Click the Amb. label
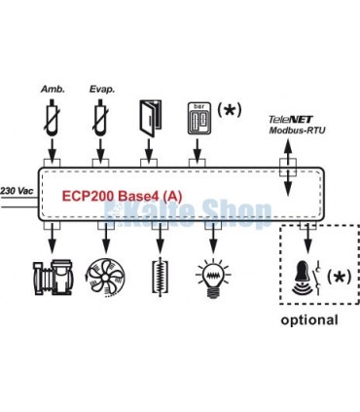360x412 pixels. click(x=53, y=89)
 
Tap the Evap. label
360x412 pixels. click(x=102, y=89)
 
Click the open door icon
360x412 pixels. click(x=150, y=117)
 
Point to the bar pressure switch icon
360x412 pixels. click(x=199, y=116)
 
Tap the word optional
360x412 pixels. click(x=309, y=319)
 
